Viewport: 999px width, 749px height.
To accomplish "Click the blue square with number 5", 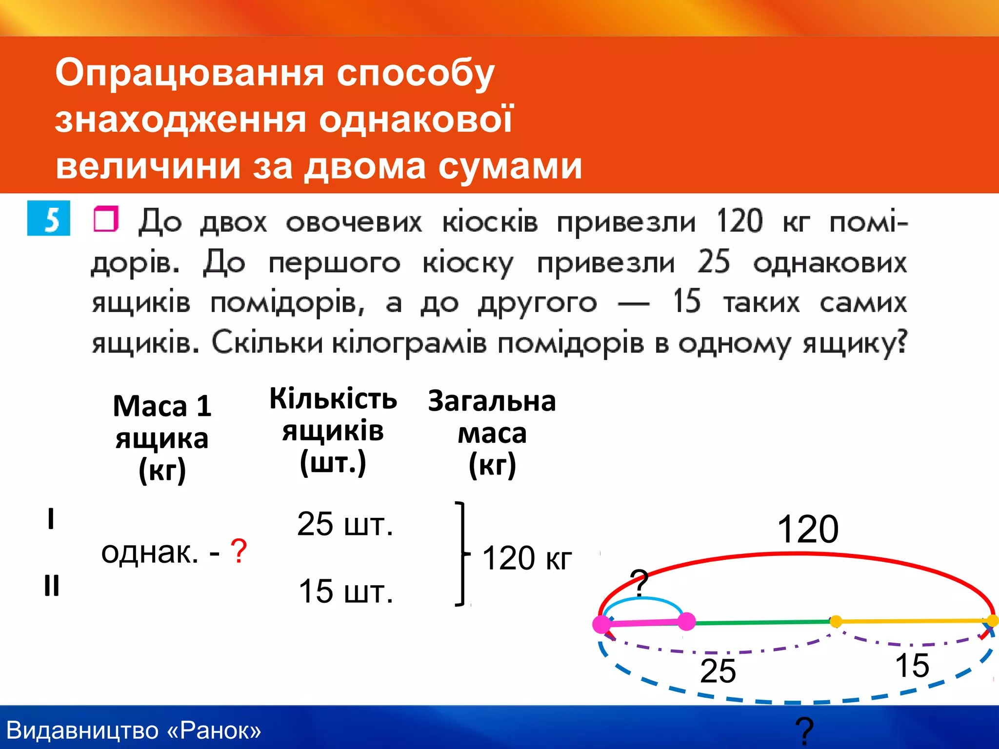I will point(49,218).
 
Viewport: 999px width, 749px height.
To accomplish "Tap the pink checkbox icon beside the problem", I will point(106,219).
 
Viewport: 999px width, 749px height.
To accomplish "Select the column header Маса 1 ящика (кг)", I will point(162,437).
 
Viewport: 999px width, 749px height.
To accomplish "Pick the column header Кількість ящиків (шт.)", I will point(333,431).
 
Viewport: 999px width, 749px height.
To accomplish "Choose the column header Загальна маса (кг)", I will point(492,433).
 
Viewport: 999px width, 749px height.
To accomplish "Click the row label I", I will point(51,518).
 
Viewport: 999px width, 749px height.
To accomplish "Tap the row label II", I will point(51,585).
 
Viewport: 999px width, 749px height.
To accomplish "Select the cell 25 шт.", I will point(345,525).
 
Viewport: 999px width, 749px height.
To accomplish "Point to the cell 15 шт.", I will point(346,591).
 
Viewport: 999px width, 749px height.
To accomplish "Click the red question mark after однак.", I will point(239,552).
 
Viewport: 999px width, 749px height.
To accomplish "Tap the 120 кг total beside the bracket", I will point(527,558).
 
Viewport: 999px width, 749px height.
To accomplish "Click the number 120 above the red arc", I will point(808,530).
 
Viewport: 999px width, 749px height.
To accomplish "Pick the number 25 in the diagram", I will point(718,671).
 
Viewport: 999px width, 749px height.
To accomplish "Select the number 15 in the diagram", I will point(912,666).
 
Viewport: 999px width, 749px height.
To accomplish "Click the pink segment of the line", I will point(644,623).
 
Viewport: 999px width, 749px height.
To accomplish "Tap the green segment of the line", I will point(761,622).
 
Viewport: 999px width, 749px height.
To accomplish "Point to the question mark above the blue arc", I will point(639,582).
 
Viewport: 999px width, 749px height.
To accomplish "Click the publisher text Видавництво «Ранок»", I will point(134,730).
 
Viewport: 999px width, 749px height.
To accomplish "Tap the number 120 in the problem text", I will point(739,221).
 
